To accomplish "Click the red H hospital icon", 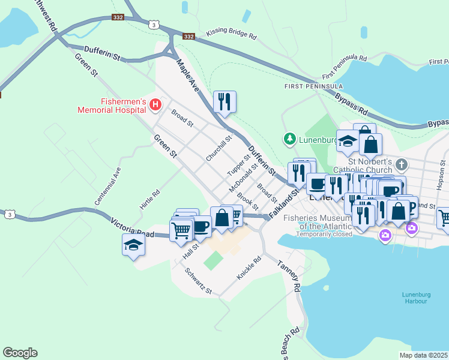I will pyautogui.click(x=155, y=105).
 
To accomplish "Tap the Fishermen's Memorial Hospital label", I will pyautogui.click(x=111, y=105).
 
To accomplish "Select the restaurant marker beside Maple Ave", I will pyautogui.click(x=224, y=102).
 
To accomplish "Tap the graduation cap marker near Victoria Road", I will pyautogui.click(x=133, y=245).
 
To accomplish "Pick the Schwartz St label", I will pyautogui.click(x=199, y=282).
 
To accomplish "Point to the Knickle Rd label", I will pyautogui.click(x=249, y=268).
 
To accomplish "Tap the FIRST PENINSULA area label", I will pyautogui.click(x=305, y=86).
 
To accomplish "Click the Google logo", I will pyautogui.click(x=20, y=353).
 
